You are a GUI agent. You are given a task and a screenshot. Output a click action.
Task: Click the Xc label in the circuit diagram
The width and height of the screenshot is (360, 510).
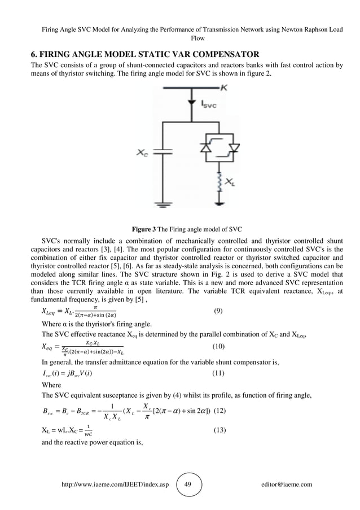[x=143, y=152]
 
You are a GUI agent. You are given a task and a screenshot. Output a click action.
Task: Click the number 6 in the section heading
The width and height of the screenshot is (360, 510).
[x=33, y=55]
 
